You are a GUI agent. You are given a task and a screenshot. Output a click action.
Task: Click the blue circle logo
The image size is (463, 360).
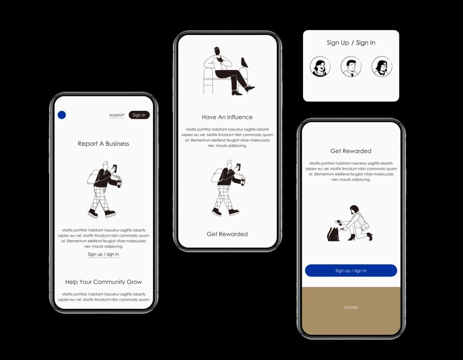pos(62,115)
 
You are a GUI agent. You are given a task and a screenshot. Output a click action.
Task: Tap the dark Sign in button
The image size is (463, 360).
pos(139,115)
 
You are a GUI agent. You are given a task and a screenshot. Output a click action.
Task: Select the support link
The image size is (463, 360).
pos(116,115)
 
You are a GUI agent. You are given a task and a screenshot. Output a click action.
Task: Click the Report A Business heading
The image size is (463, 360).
pos(103,144)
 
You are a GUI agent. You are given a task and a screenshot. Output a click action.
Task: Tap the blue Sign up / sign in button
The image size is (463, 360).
pos(351,270)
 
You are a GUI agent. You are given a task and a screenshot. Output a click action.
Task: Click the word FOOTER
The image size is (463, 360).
pos(351,308)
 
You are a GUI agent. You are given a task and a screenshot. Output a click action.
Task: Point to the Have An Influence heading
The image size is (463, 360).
pos(227,117)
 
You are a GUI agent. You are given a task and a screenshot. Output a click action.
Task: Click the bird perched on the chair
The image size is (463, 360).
pos(244,63)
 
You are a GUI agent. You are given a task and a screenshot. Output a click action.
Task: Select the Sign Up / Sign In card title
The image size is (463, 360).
pos(351,43)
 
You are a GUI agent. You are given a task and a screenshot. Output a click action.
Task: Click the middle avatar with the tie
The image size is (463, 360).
pos(351,66)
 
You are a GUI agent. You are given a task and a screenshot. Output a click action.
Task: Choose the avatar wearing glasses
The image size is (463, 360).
pos(382,66)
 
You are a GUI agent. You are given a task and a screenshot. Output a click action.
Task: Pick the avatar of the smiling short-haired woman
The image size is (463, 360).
pos(320,66)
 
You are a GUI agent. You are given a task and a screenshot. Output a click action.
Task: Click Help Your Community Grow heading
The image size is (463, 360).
pos(103,282)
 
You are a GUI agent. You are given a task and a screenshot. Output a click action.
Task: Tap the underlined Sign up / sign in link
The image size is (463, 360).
pos(103,254)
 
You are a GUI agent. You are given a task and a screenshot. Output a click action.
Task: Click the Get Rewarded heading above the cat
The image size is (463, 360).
pos(351,151)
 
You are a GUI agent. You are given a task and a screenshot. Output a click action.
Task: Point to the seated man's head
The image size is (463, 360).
pos(217,51)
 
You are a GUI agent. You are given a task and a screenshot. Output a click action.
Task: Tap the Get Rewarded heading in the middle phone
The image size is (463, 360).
pos(227,234)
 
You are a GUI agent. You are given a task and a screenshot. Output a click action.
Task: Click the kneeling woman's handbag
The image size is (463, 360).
pos(365,227)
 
